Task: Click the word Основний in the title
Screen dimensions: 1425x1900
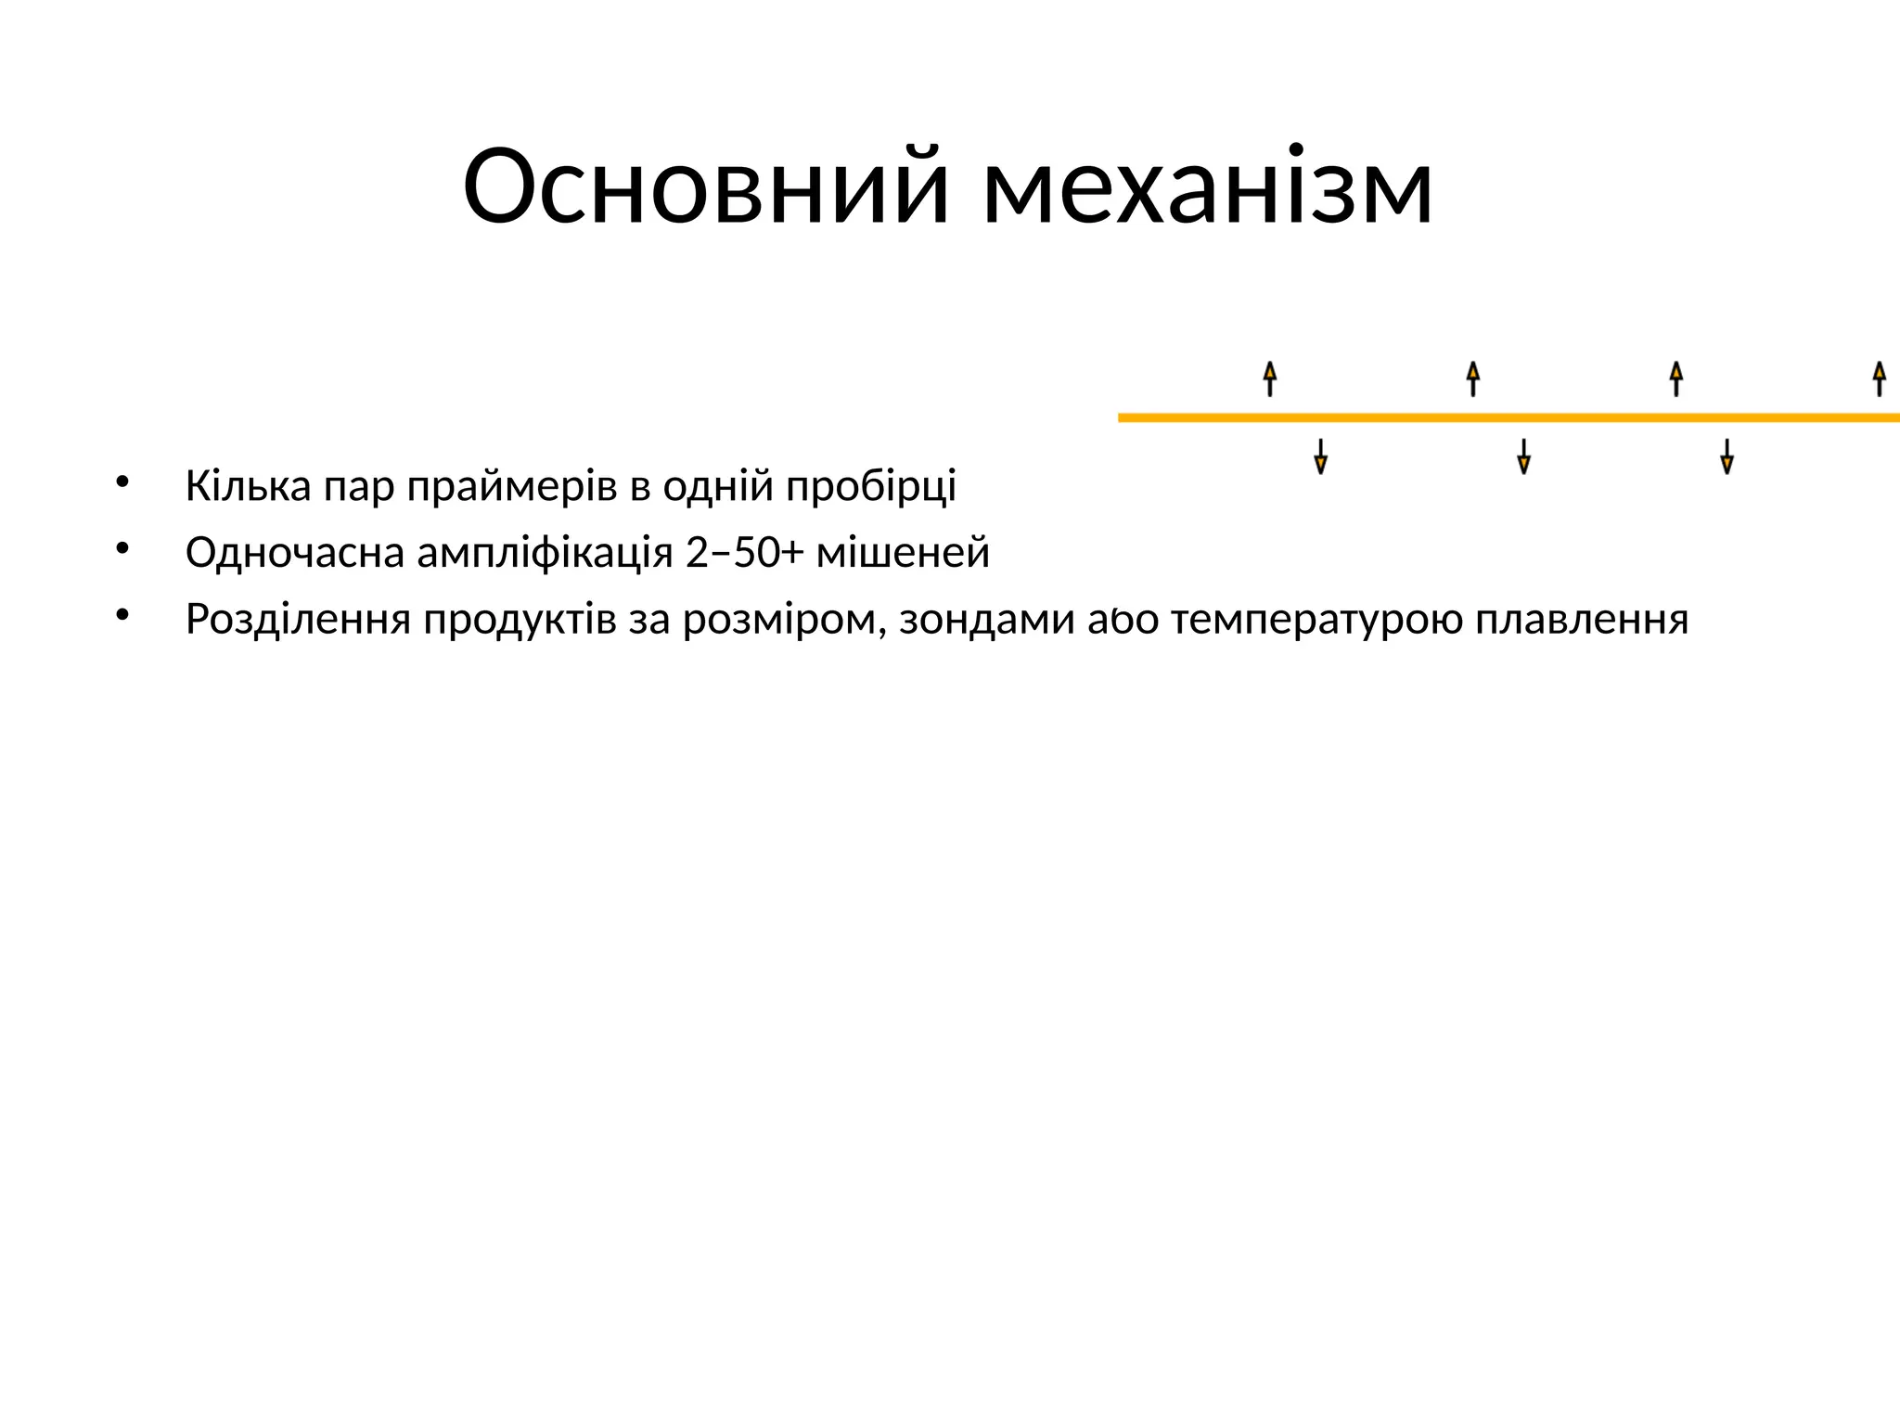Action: click(x=706, y=187)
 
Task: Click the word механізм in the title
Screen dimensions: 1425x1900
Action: click(x=1208, y=187)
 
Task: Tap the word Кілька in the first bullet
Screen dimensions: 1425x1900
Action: click(x=248, y=486)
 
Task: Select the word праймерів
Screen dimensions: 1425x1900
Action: click(x=512, y=486)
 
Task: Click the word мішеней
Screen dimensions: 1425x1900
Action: click(x=903, y=553)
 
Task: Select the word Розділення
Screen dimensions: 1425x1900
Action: click(x=298, y=620)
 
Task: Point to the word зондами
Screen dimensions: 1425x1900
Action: click(x=986, y=620)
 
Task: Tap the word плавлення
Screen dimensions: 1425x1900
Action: click(x=1582, y=620)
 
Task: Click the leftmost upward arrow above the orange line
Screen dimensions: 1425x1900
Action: click(x=1270, y=379)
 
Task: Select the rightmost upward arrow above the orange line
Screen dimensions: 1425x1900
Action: click(x=1880, y=379)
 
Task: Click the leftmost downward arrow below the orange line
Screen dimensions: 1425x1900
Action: click(x=1321, y=456)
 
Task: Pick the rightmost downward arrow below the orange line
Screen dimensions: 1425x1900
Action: click(x=1727, y=456)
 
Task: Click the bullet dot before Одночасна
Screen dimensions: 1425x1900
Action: click(x=122, y=549)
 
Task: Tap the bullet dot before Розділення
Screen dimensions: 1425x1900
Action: click(x=122, y=615)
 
